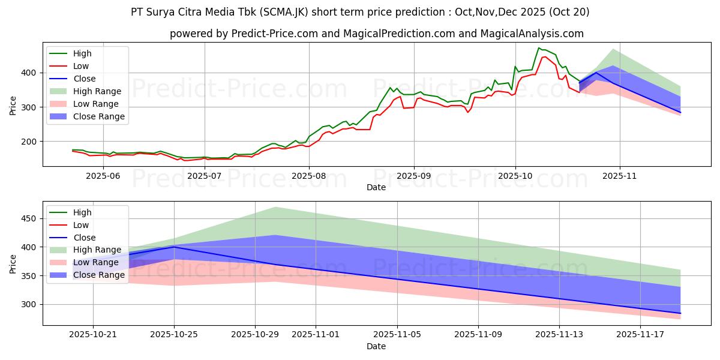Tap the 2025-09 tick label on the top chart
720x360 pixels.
coord(414,176)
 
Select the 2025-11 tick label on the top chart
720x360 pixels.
coord(620,176)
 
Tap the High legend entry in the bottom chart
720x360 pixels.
coord(82,212)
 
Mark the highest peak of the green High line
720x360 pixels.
coord(539,48)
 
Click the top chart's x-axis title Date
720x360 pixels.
coord(376,187)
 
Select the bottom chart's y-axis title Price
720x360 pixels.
coord(13,263)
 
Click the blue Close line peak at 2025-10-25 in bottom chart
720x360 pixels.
coord(174,247)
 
